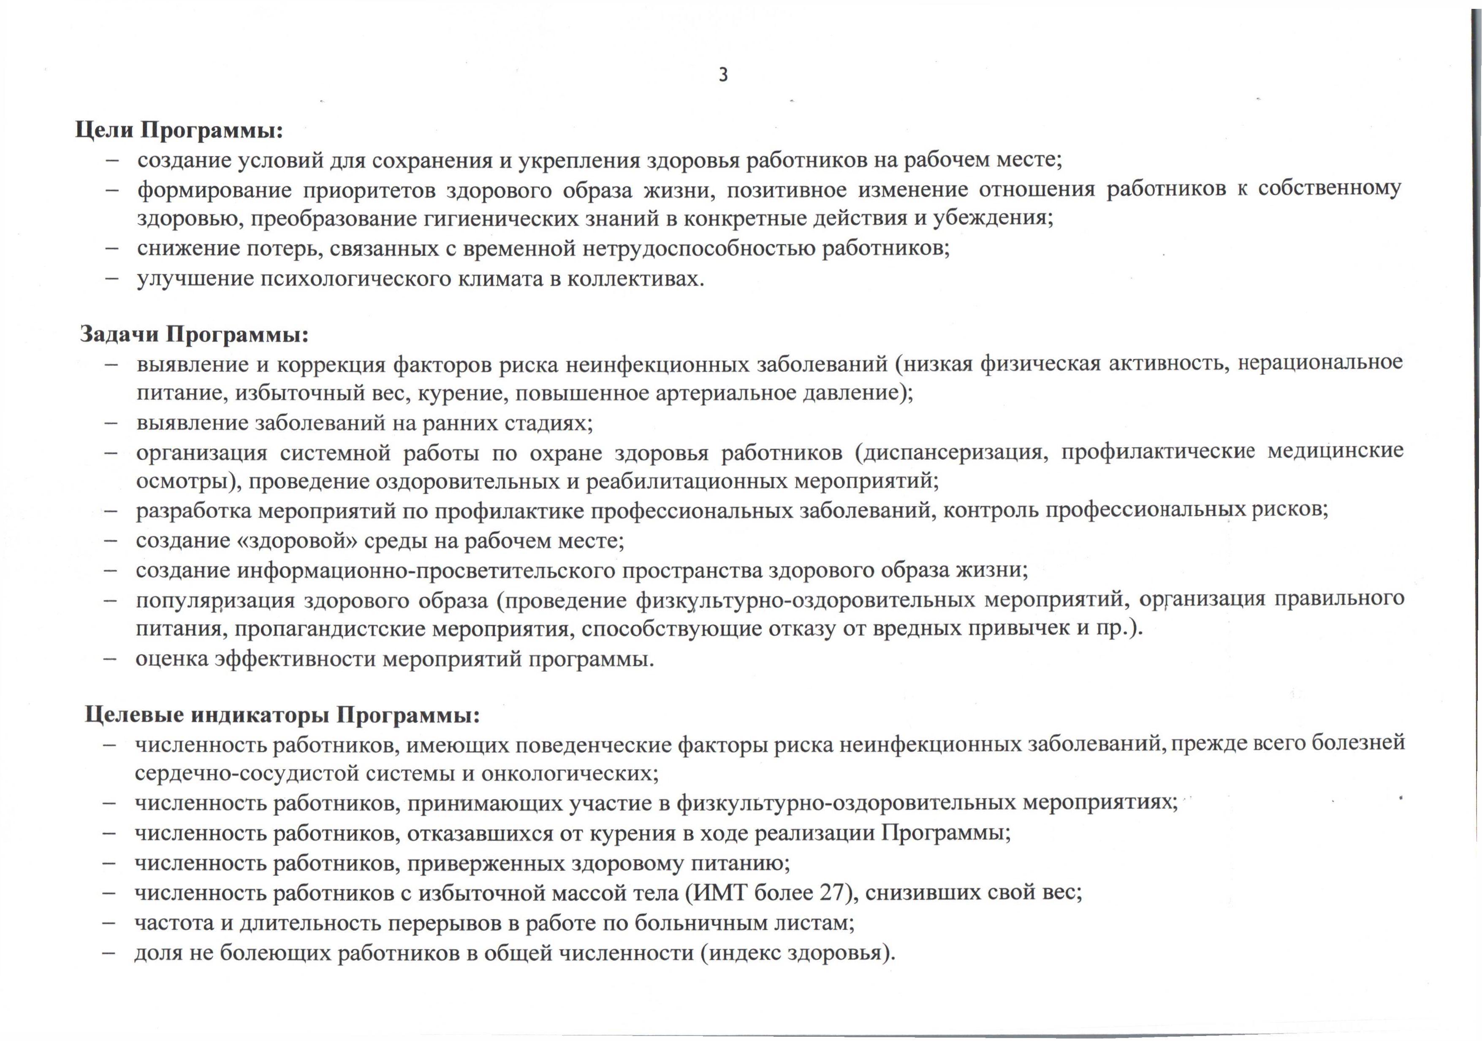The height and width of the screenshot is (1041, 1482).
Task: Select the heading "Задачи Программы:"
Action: click(194, 335)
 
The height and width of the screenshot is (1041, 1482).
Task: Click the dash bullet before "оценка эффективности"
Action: click(110, 659)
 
